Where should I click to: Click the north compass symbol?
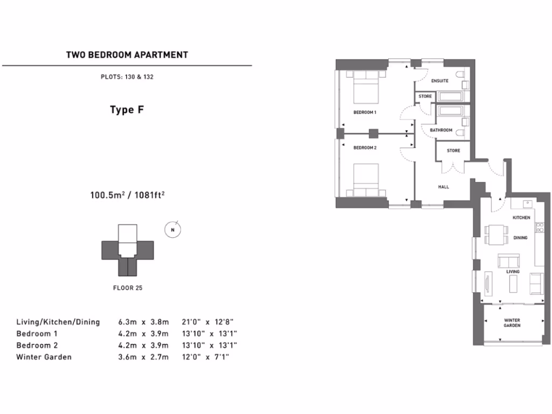tap(172, 229)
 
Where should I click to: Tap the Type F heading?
tap(127, 110)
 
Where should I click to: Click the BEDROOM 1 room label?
tap(364, 112)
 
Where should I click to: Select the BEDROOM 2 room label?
tap(364, 147)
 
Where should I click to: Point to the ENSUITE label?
tap(440, 81)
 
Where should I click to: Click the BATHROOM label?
tap(441, 130)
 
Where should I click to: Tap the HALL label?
tap(443, 187)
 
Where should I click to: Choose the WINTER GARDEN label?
tap(512, 322)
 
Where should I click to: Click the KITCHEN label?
tap(521, 217)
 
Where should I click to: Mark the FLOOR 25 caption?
tap(127, 287)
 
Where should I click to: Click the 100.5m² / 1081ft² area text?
tap(127, 195)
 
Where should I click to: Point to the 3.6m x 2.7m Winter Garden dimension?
tap(143, 357)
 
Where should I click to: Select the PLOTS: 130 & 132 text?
tap(127, 77)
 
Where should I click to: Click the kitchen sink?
tap(528, 204)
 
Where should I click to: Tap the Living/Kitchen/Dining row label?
tap(58, 322)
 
